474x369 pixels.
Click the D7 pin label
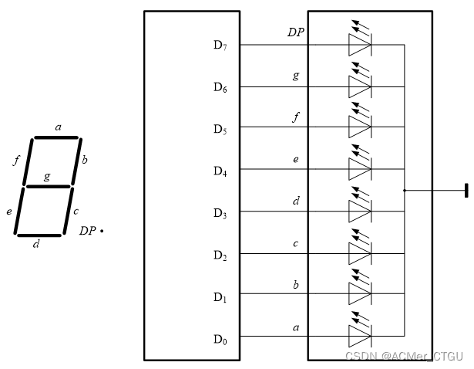tap(220, 45)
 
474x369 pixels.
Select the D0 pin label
tap(220, 338)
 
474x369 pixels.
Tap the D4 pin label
tap(220, 171)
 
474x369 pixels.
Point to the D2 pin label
tap(220, 255)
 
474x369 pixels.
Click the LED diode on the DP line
tap(360, 44)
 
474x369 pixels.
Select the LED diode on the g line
tap(360, 86)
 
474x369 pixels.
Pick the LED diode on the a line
tap(360, 336)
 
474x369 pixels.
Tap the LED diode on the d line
tap(360, 211)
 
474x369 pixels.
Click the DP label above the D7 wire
tap(295, 32)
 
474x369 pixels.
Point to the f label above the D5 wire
tap(295, 117)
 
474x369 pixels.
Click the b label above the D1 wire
tap(295, 284)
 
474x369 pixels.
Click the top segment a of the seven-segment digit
tap(55, 138)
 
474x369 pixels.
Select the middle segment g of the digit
tap(49, 186)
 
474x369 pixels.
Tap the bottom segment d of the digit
tap(40, 235)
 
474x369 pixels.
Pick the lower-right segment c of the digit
tap(68, 211)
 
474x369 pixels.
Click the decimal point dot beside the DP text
tap(102, 230)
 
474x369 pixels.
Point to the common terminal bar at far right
tap(466, 190)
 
